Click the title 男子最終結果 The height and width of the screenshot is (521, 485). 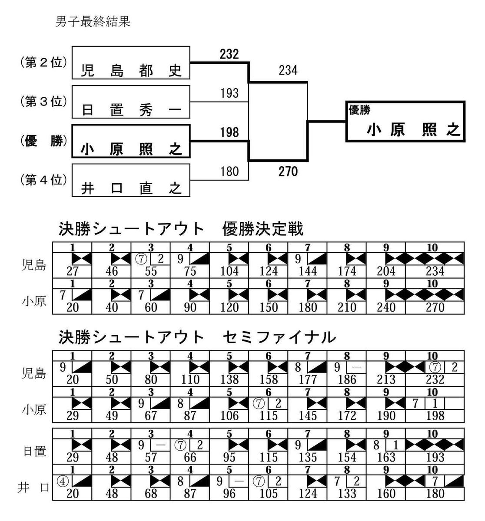click(x=93, y=22)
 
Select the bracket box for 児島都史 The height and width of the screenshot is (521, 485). click(x=131, y=63)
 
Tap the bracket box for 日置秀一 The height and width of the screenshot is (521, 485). click(x=131, y=102)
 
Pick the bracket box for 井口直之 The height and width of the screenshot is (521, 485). click(x=131, y=180)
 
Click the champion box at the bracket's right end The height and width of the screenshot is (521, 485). click(x=405, y=122)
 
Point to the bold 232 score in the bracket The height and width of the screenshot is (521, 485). click(x=229, y=54)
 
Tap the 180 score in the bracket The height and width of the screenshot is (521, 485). click(x=229, y=171)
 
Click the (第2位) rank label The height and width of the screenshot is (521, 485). click(x=43, y=63)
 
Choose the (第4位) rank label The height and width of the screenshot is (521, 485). click(x=43, y=179)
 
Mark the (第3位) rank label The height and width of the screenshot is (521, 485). click(x=43, y=102)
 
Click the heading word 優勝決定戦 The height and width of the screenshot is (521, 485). click(x=262, y=229)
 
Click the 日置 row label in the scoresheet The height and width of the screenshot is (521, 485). click(x=35, y=451)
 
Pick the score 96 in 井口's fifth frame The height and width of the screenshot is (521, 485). click(x=229, y=493)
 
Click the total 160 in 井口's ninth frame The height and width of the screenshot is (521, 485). click(x=386, y=493)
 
